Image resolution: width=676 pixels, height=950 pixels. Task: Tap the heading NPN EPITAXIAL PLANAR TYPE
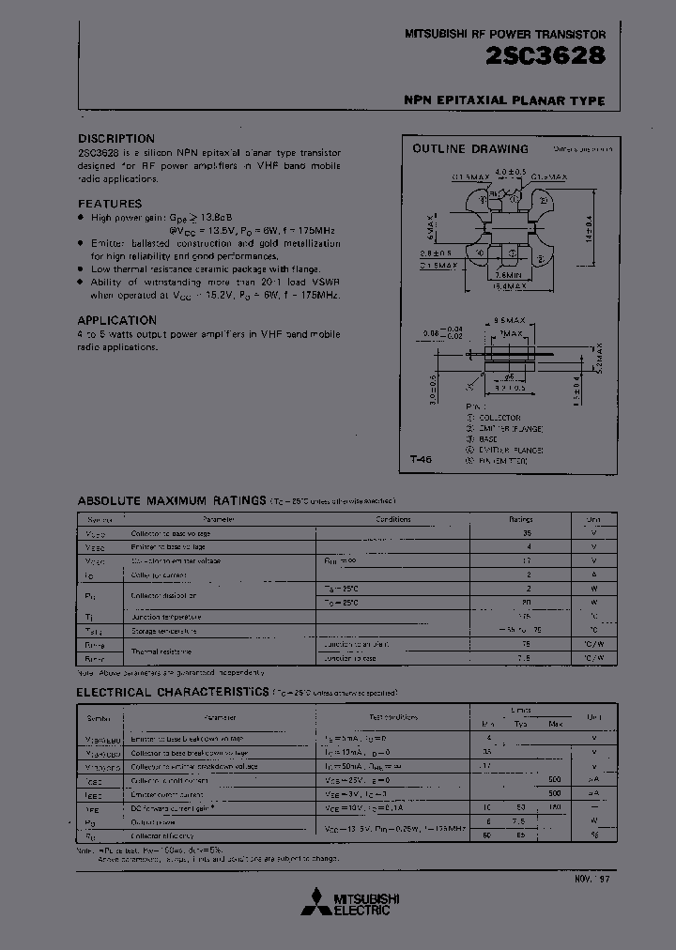click(x=504, y=101)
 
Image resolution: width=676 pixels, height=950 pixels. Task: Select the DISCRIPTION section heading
click(x=116, y=138)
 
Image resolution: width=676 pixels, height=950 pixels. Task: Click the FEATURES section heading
click(x=110, y=204)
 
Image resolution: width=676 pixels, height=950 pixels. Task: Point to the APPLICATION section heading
click(x=117, y=320)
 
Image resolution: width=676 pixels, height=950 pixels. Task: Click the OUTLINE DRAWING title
click(x=470, y=149)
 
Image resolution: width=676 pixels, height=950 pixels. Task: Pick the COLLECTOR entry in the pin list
click(x=499, y=418)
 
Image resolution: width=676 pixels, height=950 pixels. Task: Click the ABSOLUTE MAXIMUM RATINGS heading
click(x=171, y=501)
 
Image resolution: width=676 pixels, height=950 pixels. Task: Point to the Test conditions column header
click(x=393, y=717)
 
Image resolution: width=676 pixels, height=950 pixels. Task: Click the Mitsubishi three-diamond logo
click(x=315, y=903)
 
